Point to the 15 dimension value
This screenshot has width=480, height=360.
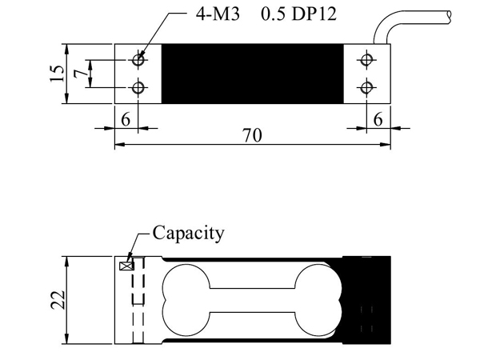click(55, 74)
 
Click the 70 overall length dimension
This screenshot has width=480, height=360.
click(252, 136)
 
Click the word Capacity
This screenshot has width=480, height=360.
click(188, 234)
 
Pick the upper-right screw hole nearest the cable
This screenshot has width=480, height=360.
click(366, 60)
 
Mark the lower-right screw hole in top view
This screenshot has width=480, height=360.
click(366, 87)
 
